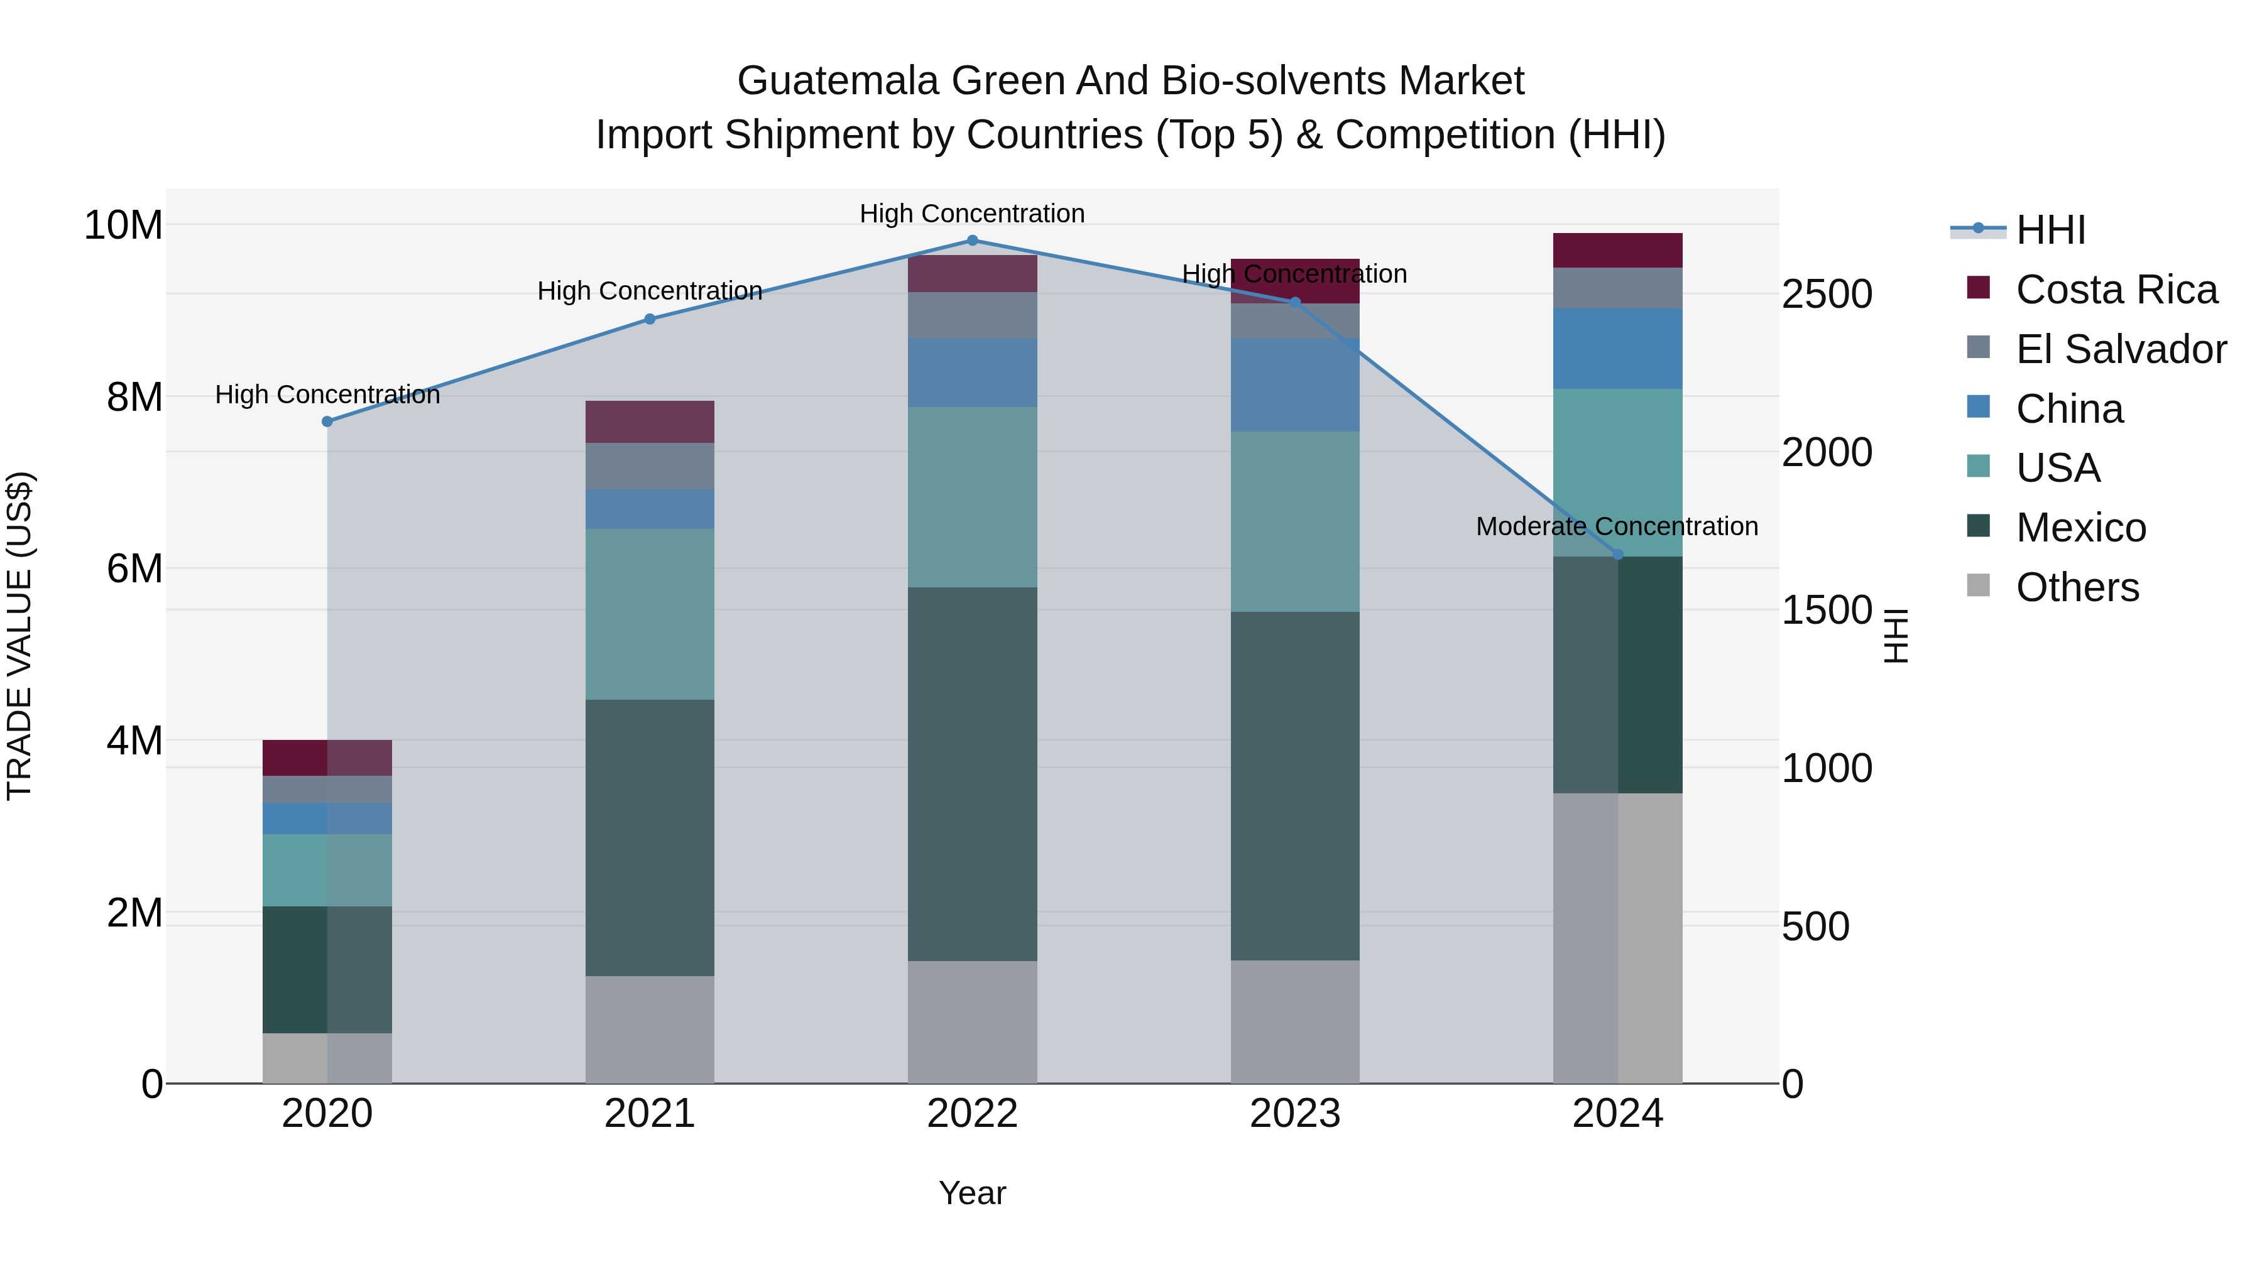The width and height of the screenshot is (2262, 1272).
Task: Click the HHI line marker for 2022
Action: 972,241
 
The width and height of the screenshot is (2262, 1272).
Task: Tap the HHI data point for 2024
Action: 1619,555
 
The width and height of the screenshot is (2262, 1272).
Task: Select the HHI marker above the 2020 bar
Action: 327,421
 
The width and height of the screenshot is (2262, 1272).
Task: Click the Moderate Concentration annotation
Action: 1617,527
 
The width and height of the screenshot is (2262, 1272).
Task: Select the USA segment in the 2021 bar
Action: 650,614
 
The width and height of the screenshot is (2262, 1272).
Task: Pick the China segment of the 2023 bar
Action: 1294,386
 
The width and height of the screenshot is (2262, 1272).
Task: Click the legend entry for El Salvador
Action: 2120,349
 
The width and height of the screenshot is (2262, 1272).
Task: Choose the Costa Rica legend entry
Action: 2116,290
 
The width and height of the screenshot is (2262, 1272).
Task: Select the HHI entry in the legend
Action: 2050,230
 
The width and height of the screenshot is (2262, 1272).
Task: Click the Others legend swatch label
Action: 2077,587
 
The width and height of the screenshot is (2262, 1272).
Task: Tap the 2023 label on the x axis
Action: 1294,1114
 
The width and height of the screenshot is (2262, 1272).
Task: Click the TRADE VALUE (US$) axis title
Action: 19,636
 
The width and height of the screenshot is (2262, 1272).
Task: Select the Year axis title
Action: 972,1193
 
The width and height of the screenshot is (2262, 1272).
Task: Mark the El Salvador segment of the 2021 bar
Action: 650,466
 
